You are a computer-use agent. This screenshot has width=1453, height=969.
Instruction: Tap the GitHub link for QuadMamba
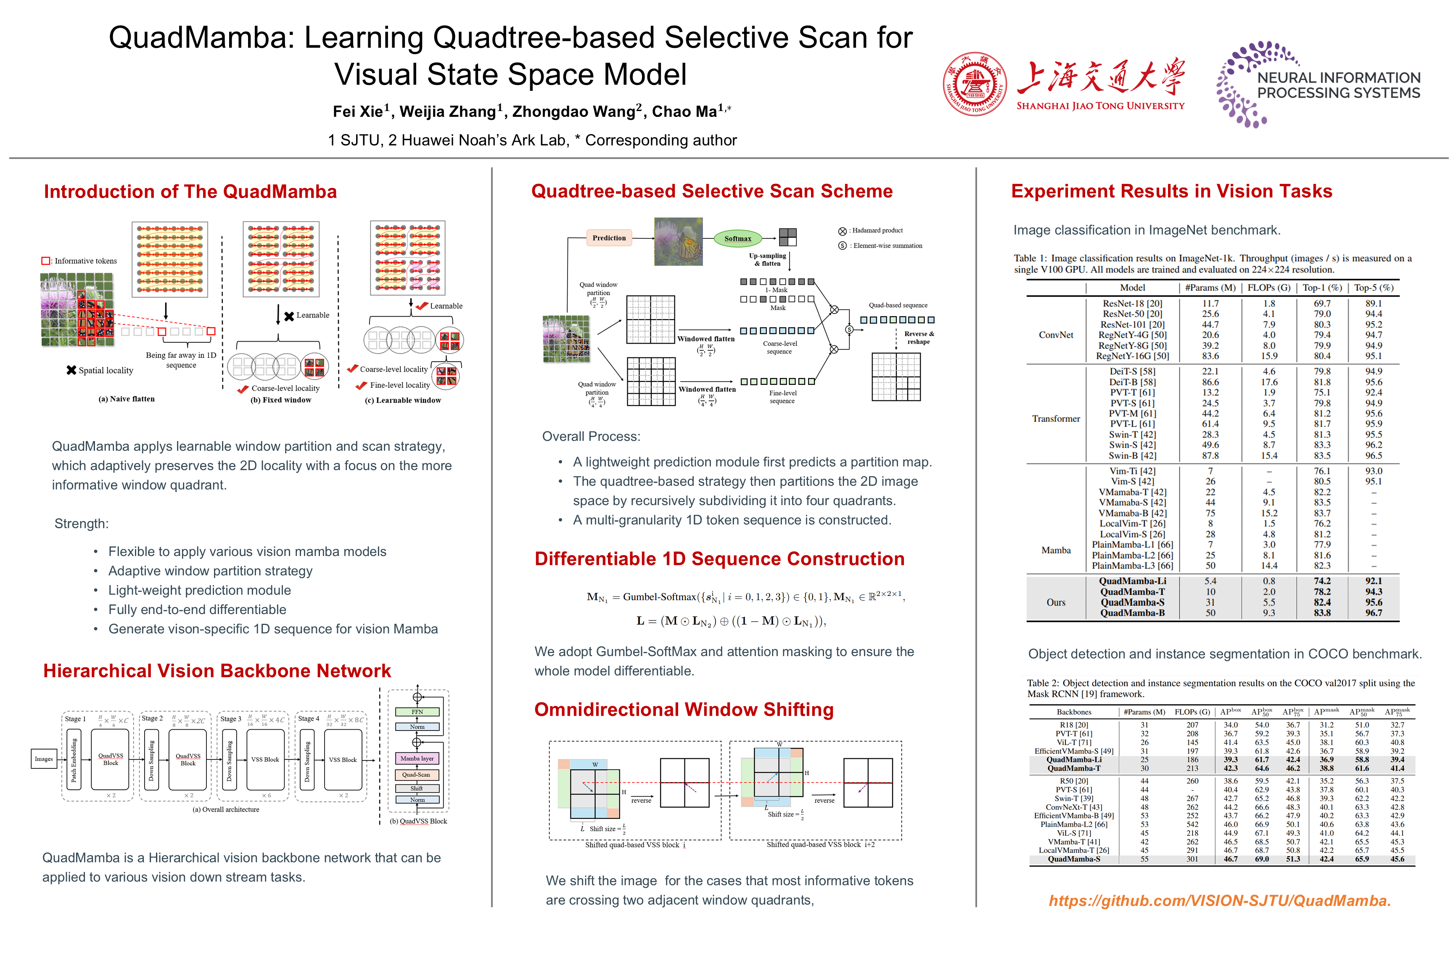[x=1220, y=900]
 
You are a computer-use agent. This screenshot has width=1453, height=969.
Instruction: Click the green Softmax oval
[x=737, y=238]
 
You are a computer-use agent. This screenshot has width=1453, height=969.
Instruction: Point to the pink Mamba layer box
[x=417, y=758]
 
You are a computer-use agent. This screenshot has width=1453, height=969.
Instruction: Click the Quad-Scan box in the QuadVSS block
[x=416, y=774]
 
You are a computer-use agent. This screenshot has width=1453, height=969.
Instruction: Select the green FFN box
[x=417, y=712]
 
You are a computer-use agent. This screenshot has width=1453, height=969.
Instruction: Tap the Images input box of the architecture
[x=44, y=759]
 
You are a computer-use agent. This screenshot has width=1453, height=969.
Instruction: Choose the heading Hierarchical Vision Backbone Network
[x=217, y=671]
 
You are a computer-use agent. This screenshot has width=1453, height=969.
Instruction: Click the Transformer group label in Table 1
[x=1055, y=419]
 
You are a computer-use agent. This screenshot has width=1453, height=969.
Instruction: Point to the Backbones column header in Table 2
[x=1074, y=712]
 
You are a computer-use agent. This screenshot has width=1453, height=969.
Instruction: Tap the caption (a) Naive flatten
[x=127, y=399]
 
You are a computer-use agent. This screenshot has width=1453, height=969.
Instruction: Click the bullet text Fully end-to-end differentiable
[x=197, y=610]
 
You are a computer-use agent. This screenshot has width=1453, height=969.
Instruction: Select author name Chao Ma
[x=684, y=112]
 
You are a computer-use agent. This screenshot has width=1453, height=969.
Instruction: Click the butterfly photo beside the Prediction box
[x=678, y=242]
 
